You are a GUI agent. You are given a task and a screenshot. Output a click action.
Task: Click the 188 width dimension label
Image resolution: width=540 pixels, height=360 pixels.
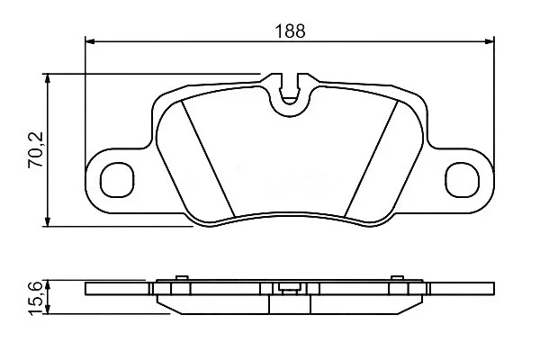click(x=290, y=31)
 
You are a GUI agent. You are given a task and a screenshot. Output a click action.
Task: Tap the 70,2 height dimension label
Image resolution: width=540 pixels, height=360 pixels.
click(x=36, y=150)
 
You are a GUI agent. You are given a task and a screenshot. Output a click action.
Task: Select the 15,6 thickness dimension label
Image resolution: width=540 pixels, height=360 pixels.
click(x=36, y=298)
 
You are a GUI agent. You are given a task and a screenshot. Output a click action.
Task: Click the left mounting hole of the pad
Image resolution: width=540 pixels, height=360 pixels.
click(x=117, y=180)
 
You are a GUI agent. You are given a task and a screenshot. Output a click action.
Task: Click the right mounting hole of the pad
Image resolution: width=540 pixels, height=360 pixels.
click(x=463, y=180)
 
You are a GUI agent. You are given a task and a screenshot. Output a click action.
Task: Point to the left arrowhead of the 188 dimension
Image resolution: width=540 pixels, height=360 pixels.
click(x=89, y=41)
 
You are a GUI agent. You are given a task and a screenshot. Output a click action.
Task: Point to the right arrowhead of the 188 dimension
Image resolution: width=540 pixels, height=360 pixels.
click(x=490, y=41)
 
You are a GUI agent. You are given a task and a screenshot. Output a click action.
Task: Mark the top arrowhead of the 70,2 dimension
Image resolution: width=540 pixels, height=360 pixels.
click(x=48, y=78)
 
